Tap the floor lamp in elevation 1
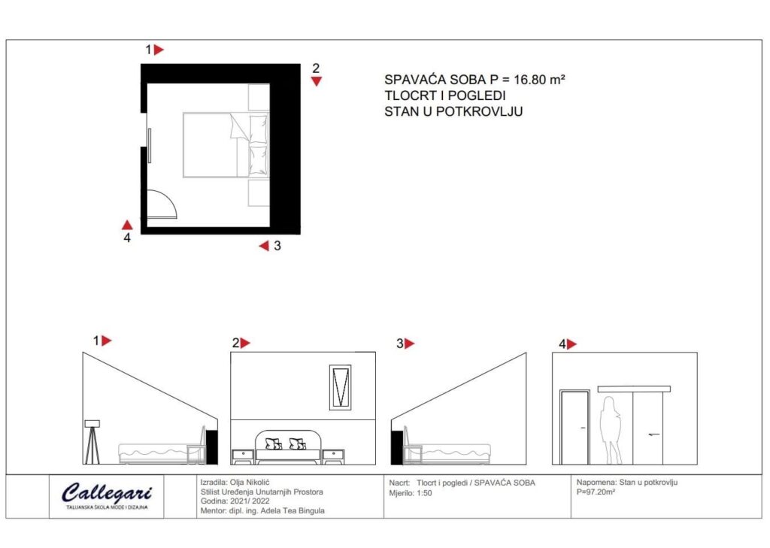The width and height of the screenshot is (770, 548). (x=92, y=442)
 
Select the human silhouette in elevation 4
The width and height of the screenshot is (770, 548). (x=611, y=431)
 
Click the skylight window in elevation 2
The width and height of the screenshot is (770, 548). (x=340, y=387)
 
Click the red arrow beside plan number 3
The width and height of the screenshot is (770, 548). (x=264, y=246)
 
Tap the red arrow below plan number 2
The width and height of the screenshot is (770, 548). (x=317, y=81)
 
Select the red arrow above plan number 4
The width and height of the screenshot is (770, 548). (x=127, y=225)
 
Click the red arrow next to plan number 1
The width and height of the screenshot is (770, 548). (x=159, y=50)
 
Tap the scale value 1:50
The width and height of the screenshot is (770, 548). (x=424, y=493)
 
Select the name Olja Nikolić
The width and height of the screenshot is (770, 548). (x=250, y=483)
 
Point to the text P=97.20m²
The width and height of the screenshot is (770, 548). (x=596, y=492)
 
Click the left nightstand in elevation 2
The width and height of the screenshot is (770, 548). (x=243, y=457)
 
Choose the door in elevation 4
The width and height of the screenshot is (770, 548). (x=574, y=427)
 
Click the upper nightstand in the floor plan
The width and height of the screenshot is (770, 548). (x=259, y=97)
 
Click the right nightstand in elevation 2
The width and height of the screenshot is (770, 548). (x=333, y=457)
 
